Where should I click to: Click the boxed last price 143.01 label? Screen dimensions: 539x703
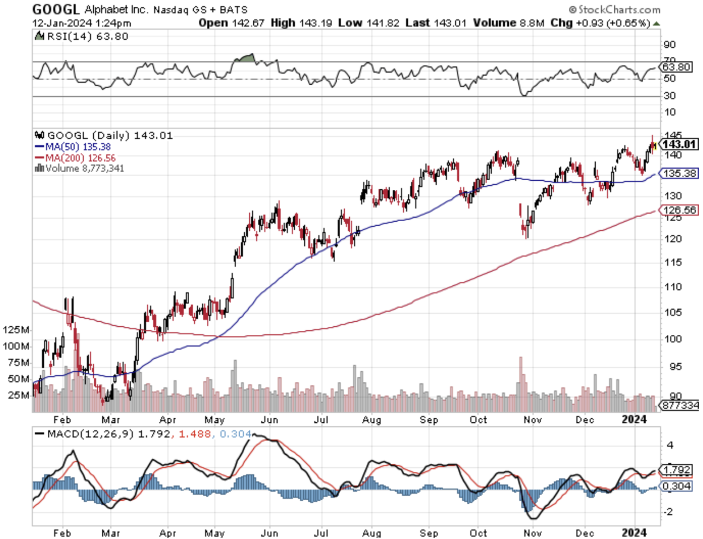(680, 144)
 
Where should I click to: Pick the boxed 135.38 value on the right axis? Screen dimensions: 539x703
(680, 173)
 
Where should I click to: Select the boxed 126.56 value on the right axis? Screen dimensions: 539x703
(680, 210)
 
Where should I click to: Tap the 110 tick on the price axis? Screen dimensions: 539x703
(673, 287)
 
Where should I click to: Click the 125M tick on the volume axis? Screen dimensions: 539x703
(16, 329)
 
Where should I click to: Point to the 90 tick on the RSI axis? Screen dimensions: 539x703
(670, 44)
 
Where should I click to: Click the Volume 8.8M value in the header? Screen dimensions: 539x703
(508, 23)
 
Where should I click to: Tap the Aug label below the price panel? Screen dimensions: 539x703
(372, 420)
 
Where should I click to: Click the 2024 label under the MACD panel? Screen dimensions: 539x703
(634, 533)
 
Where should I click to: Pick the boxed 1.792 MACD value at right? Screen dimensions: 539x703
(677, 470)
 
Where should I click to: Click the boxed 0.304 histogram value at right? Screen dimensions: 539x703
(677, 486)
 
